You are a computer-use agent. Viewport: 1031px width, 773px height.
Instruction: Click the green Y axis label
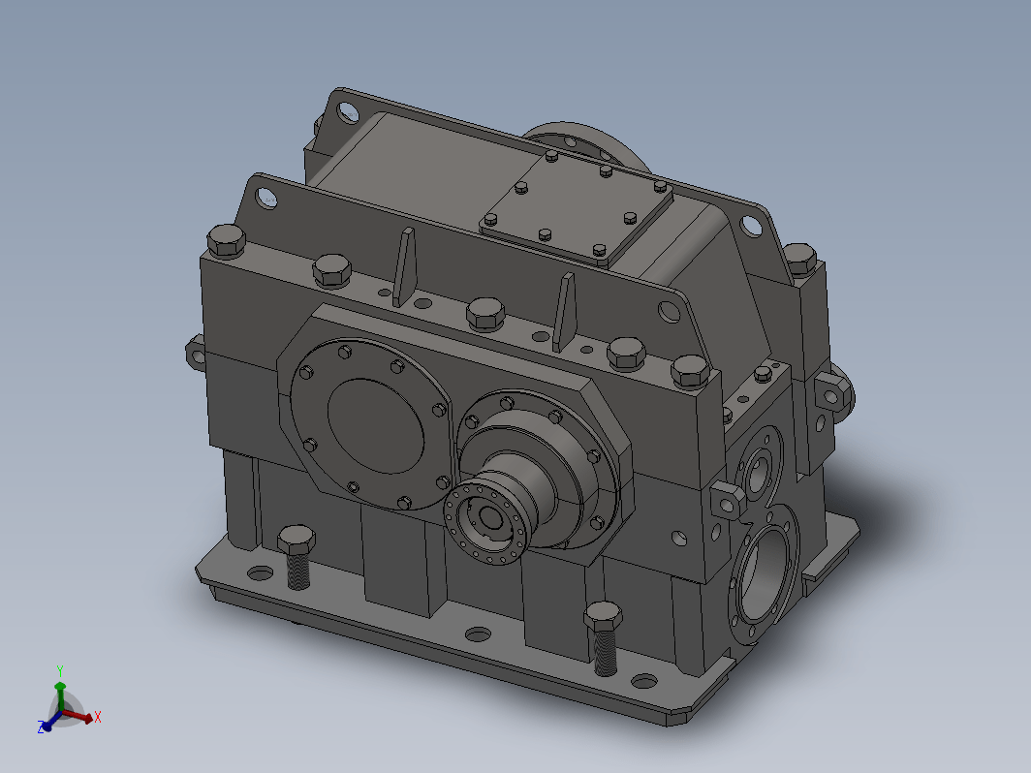(60, 671)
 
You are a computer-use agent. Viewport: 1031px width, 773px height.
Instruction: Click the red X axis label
(97, 717)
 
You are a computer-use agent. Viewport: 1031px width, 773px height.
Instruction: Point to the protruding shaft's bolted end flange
(485, 523)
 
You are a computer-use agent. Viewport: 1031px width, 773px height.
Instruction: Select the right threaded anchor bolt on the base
(604, 637)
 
